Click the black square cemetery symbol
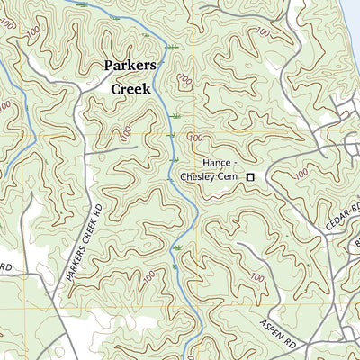[x=252, y=177]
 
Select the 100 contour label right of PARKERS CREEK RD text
[x=149, y=273]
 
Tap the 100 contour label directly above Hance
[x=195, y=137]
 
